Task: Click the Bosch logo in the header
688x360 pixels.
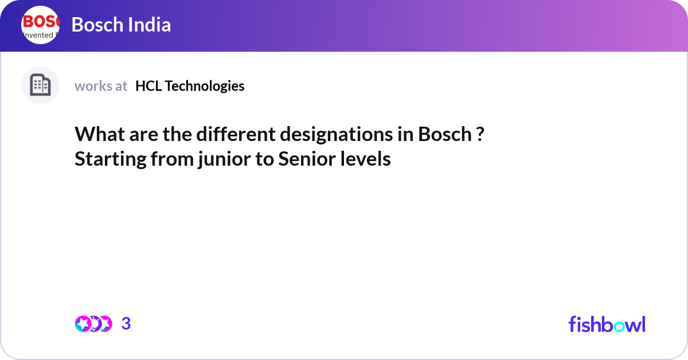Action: click(x=40, y=25)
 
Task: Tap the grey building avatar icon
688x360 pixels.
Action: click(x=40, y=85)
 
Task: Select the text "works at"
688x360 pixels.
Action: click(x=101, y=86)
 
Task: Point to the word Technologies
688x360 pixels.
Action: click(x=205, y=86)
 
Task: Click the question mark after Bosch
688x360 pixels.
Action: click(x=479, y=135)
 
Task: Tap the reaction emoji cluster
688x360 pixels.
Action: click(x=93, y=324)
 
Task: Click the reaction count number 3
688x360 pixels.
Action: click(x=126, y=324)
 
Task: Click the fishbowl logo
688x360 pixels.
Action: click(x=607, y=324)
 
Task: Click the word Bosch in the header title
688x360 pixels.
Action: click(x=95, y=25)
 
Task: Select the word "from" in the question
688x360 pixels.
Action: click(x=172, y=159)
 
